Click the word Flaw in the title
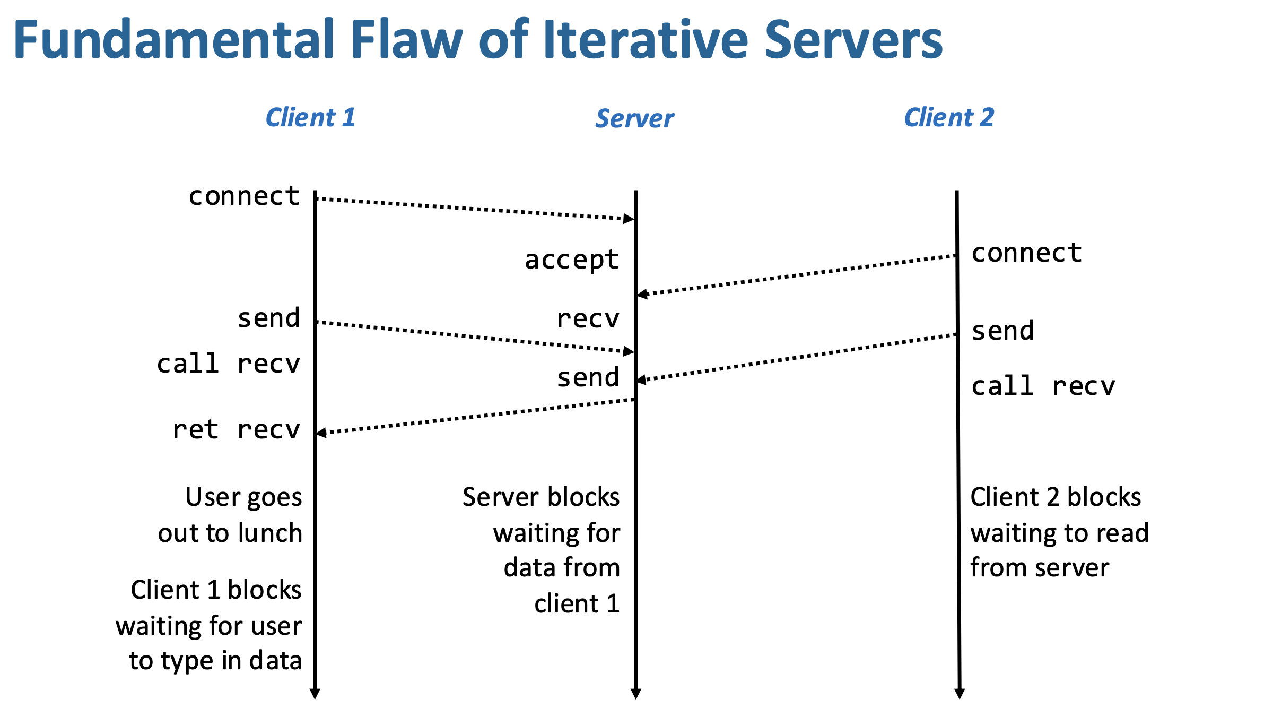point(407,40)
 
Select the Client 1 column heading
point(310,117)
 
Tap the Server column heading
point(634,118)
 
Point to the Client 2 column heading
point(949,117)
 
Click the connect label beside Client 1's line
point(245,196)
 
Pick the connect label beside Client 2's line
point(1027,253)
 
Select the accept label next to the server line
point(572,260)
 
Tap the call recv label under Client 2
point(1043,386)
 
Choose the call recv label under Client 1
point(229,364)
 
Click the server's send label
point(588,377)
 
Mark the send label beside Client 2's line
point(1003,331)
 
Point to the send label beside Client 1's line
point(269,318)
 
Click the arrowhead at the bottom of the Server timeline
point(636,694)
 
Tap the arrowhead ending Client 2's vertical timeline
point(960,694)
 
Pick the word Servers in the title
point(853,40)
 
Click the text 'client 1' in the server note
point(577,603)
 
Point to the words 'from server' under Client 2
point(1040,567)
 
